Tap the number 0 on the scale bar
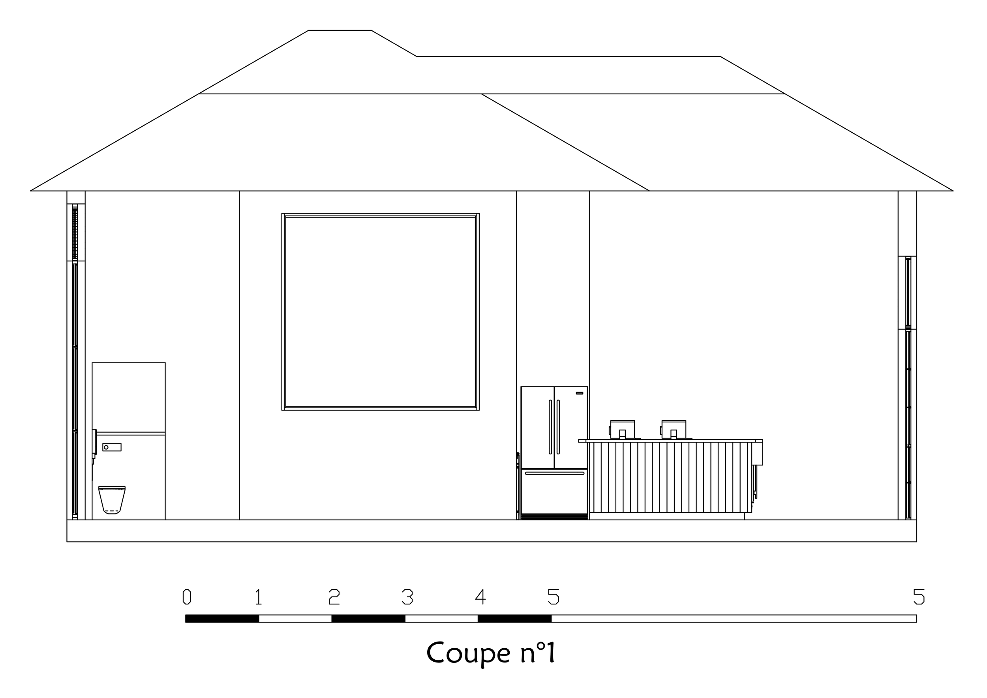187,597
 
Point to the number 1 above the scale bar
258,597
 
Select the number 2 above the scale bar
334,597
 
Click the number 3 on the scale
407,597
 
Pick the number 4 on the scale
480,597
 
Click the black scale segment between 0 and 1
222,619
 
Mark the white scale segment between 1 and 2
295,619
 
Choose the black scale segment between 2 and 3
368,619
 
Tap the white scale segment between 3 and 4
441,619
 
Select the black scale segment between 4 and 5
514,619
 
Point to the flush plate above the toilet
112,447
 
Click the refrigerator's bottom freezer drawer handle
555,473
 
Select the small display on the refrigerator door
580,393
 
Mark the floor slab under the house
492,531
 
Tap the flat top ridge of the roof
340,30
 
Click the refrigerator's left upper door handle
550,427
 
